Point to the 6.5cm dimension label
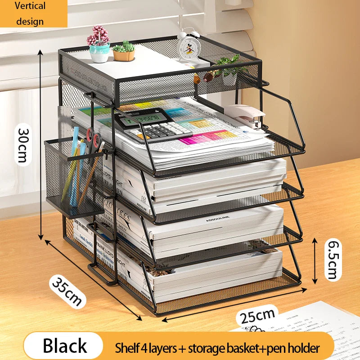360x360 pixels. pyautogui.click(x=333, y=260)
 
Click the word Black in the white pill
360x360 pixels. pyautogui.click(x=64, y=346)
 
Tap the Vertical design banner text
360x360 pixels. pyautogui.click(x=30, y=13)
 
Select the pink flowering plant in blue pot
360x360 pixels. pyautogui.click(x=99, y=43)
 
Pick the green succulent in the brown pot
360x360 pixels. pyautogui.click(x=124, y=51)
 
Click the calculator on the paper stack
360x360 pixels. pyautogui.click(x=153, y=126)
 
